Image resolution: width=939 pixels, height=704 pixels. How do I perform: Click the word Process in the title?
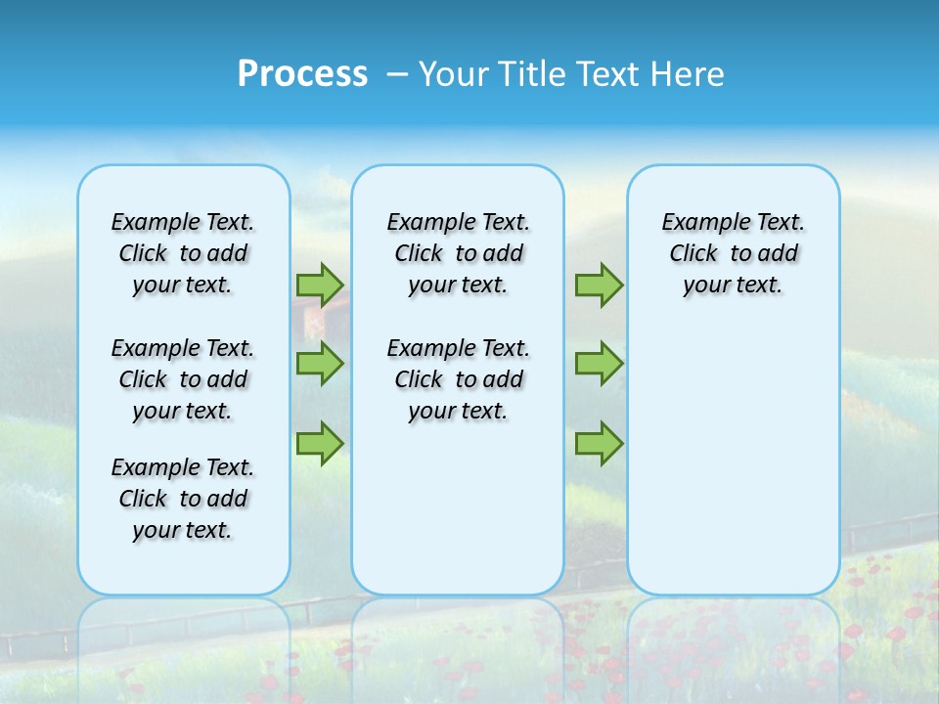point(302,74)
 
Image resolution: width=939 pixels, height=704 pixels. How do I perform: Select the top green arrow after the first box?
point(320,285)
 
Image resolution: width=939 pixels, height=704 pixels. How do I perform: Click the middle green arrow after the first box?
point(320,364)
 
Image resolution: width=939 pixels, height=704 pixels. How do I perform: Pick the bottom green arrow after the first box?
point(320,443)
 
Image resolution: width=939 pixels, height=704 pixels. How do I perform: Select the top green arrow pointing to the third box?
point(599,285)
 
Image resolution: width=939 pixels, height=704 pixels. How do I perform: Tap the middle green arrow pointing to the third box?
point(599,364)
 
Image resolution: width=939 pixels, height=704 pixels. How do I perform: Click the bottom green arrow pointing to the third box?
point(599,443)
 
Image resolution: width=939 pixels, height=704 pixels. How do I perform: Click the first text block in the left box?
point(183,253)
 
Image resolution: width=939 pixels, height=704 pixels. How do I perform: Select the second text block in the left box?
point(183,379)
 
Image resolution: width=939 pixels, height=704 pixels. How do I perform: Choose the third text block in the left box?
point(183,499)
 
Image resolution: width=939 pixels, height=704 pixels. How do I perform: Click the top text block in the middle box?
point(458,253)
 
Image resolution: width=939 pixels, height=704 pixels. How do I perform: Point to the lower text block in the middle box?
point(458,379)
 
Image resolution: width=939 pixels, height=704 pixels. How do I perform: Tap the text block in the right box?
point(733,253)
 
